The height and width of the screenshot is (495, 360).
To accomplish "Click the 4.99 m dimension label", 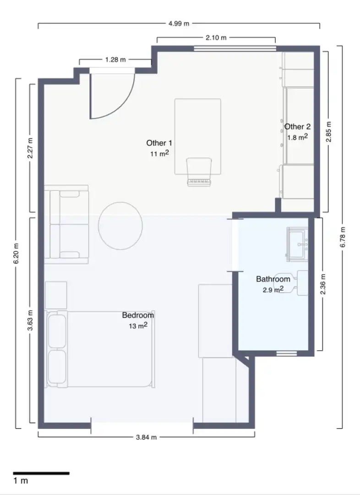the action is tap(179, 23).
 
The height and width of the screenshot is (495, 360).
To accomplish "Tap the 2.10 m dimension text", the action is tap(216, 38).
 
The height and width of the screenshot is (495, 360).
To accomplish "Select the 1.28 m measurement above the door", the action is tap(115, 59).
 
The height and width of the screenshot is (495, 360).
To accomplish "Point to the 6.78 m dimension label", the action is tap(343, 237).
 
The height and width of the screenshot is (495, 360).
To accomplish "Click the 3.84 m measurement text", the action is tap(146, 437).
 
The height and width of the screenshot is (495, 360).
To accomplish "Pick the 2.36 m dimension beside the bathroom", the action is tap(323, 284).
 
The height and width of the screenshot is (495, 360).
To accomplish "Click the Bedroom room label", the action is tap(138, 315).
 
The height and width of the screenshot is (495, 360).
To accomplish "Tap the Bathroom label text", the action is tap(273, 279).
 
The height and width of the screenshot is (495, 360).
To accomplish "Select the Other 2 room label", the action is tap(297, 126).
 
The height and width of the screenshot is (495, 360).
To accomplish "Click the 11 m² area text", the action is tap(159, 154).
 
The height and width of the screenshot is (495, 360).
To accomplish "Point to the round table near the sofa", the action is tap(120, 225).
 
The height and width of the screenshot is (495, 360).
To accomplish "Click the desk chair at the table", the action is tap(199, 172).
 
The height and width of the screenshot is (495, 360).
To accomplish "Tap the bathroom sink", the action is tap(297, 244).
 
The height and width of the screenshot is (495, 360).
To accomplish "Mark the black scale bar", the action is tap(41, 473).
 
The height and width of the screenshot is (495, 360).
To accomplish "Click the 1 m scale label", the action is tap(21, 481).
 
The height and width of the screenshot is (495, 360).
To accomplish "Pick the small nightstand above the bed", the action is tap(56, 295).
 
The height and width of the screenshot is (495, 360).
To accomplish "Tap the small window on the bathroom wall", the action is tap(286, 353).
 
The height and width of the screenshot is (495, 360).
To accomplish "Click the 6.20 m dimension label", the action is tap(16, 253).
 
